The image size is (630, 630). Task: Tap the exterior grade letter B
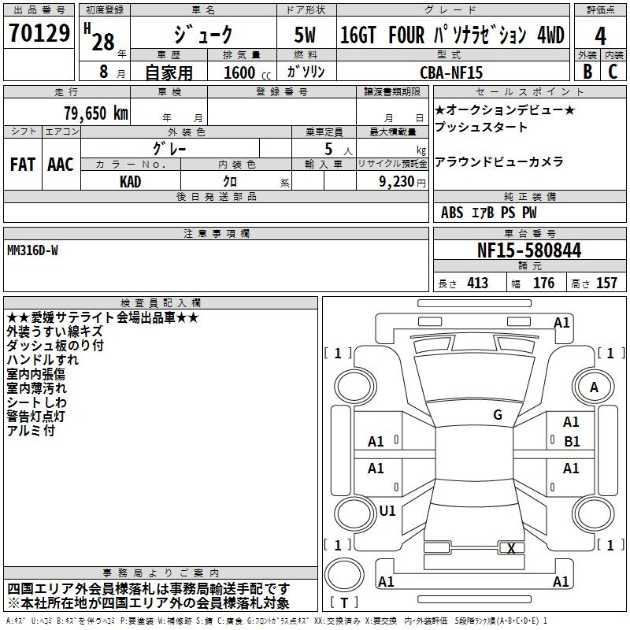tap(587, 71)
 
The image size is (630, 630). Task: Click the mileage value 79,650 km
tap(95, 113)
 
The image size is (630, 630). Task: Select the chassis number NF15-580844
tap(529, 251)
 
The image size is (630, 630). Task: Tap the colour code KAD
tap(131, 181)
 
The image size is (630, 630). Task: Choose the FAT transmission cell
tap(22, 165)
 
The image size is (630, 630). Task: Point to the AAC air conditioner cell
tap(61, 165)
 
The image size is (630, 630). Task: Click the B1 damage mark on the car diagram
tap(571, 442)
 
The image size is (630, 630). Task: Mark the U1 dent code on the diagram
tap(387, 511)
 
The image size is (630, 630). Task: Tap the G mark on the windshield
tap(497, 415)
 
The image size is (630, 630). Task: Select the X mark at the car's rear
tap(512, 549)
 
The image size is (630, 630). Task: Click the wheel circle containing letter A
tap(594, 387)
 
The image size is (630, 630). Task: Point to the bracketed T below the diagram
tap(343, 603)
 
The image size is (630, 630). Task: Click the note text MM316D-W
tap(32, 250)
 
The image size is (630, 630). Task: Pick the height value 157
tap(606, 283)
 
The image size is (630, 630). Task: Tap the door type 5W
tap(306, 35)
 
